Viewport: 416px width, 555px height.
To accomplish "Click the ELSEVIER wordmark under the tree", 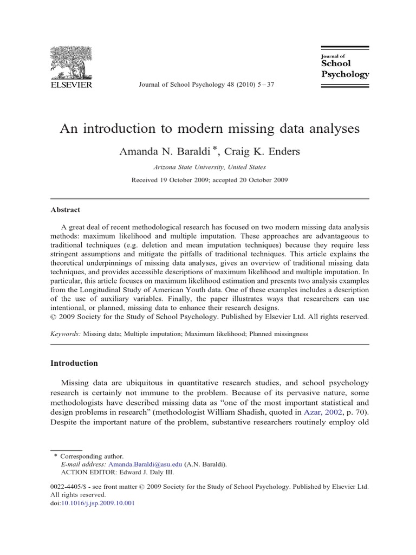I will [x=71, y=85].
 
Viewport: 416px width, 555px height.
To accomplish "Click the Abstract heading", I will [x=66, y=209].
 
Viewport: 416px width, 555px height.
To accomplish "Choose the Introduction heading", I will [x=74, y=363].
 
